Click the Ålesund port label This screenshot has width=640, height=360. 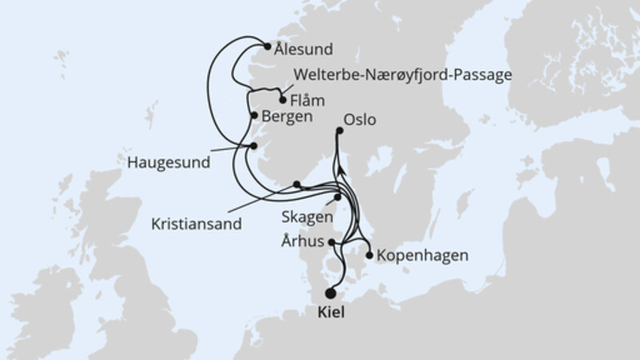tap(304, 48)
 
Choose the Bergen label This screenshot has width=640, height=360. tap(286, 116)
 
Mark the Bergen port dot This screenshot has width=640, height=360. tap(254, 116)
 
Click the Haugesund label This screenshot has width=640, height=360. tap(169, 162)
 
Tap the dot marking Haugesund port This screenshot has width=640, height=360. tap(253, 146)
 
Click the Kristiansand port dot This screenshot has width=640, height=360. tap(297, 184)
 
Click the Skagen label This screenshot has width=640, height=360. tap(303, 216)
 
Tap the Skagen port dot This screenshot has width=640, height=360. tap(338, 197)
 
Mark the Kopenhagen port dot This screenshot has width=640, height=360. tap(369, 256)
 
